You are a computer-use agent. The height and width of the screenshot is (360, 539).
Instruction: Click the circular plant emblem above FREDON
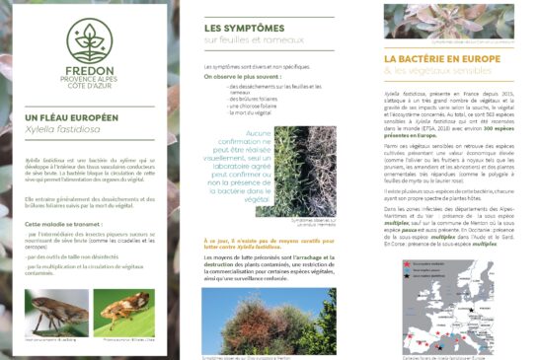[x=90, y=40]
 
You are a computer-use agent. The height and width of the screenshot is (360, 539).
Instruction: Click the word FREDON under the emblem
[x=90, y=72]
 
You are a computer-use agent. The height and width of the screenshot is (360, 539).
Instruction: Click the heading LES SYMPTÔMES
[x=238, y=30]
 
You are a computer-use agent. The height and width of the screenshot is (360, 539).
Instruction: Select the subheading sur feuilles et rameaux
[x=243, y=41]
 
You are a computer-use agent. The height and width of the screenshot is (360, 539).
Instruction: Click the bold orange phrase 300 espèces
[x=505, y=124]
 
